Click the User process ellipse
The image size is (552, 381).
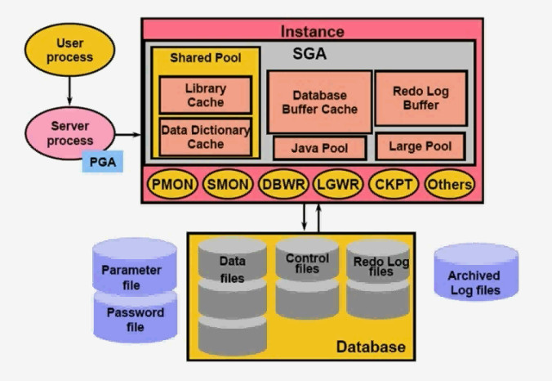coord(69,50)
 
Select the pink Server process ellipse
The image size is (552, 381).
coord(69,133)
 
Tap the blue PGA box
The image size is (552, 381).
coord(102,162)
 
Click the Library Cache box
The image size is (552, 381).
coord(206,95)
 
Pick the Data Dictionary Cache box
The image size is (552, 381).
coord(206,137)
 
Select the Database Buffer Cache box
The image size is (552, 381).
coord(319,102)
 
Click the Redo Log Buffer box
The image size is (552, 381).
coord(421,98)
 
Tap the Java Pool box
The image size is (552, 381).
coord(319,148)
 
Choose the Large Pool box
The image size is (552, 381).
coord(421,146)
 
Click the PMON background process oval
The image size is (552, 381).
coord(172,184)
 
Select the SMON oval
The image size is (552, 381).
coord(228,184)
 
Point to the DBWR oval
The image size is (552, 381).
coord(283,184)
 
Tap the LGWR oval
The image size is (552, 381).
coord(338,184)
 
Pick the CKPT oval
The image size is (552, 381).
coord(394,184)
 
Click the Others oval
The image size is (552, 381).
coord(450,184)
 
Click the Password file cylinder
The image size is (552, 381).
coord(136,317)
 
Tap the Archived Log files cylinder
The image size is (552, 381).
coord(476,272)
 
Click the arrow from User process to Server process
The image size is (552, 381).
coord(69,91)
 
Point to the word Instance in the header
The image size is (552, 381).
coord(312,31)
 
